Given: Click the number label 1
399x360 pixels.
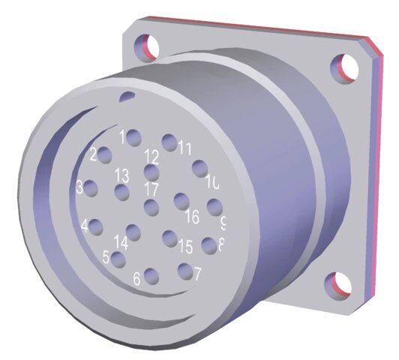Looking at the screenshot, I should pos(121,136).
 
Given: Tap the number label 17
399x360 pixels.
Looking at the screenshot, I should pos(152,188).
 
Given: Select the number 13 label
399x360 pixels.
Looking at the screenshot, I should pos(121,175).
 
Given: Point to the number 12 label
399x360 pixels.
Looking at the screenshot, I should pos(152,157).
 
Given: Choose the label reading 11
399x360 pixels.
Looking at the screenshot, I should pos(184,148).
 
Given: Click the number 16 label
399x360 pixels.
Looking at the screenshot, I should pos(192,217).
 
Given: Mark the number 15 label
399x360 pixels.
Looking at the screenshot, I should pos(185,246).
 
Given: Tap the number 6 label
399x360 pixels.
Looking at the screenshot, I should pos(136,278).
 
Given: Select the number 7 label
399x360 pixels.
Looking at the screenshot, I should pos(197,274).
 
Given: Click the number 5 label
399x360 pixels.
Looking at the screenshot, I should pos(106,257).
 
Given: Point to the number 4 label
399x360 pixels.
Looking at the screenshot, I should pos(85,225).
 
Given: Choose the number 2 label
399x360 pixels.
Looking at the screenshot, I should pos(94,154).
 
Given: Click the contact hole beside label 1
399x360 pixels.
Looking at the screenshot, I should pos(134,137).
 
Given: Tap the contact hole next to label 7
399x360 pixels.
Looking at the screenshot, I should pos(184,270).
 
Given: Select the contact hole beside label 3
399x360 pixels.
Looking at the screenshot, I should pos(91,188).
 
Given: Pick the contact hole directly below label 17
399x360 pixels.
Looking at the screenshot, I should pos(151,208).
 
